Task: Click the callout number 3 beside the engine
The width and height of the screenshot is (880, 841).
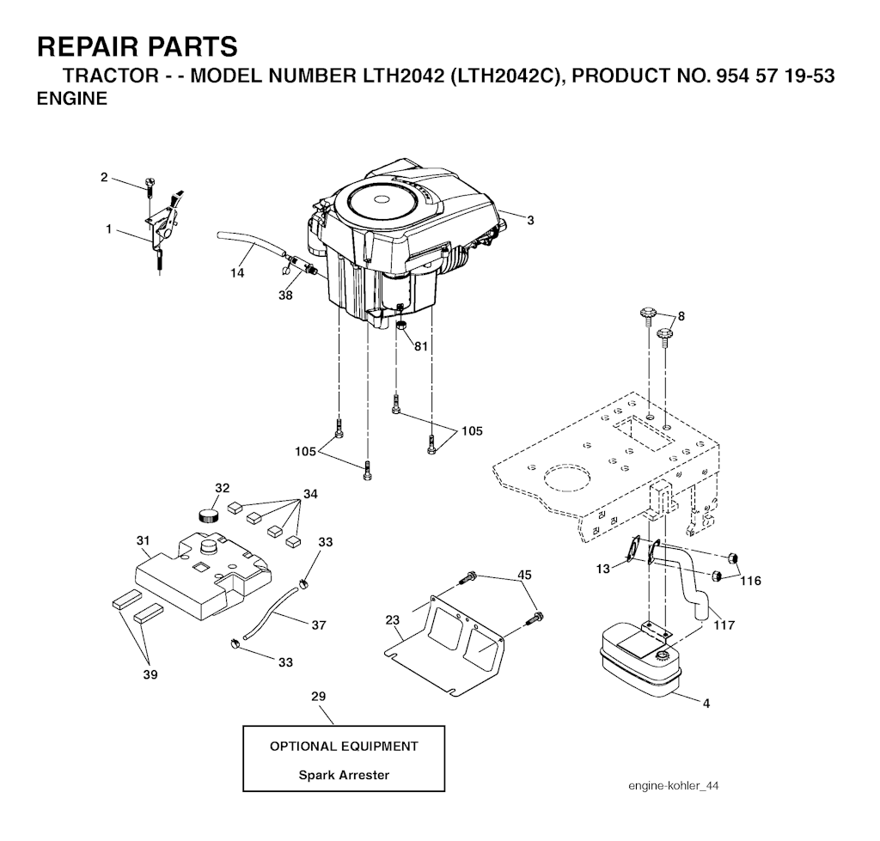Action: pyautogui.click(x=530, y=221)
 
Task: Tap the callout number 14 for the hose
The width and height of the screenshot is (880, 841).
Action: pyautogui.click(x=237, y=273)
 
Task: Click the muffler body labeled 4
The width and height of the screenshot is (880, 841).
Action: pyautogui.click(x=639, y=662)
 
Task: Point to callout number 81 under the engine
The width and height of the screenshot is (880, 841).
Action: pyautogui.click(x=421, y=346)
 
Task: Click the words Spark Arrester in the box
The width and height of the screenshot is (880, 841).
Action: pyautogui.click(x=344, y=775)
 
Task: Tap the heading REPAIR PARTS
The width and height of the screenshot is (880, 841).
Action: pyautogui.click(x=137, y=46)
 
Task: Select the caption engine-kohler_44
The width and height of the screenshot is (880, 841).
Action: pyautogui.click(x=674, y=785)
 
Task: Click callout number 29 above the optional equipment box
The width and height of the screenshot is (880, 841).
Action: pyautogui.click(x=318, y=696)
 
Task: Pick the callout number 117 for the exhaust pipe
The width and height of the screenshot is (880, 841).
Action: pyautogui.click(x=724, y=625)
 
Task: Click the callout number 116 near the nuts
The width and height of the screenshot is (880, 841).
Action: pyautogui.click(x=750, y=581)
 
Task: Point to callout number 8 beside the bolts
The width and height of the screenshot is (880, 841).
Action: pyautogui.click(x=681, y=316)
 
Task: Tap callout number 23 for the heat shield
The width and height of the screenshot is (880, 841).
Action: pyautogui.click(x=392, y=620)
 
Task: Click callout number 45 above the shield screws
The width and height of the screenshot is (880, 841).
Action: pyautogui.click(x=524, y=575)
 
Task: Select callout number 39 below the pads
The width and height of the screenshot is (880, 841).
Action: pyautogui.click(x=150, y=675)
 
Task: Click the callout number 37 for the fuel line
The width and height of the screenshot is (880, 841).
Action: pyautogui.click(x=318, y=625)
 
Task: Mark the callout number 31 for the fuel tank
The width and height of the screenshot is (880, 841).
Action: pyautogui.click(x=144, y=541)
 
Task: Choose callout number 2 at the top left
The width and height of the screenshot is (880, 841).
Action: pyautogui.click(x=104, y=177)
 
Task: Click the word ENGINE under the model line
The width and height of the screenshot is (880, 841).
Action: pyautogui.click(x=72, y=99)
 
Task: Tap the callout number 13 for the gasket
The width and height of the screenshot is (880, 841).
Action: pyautogui.click(x=602, y=569)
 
